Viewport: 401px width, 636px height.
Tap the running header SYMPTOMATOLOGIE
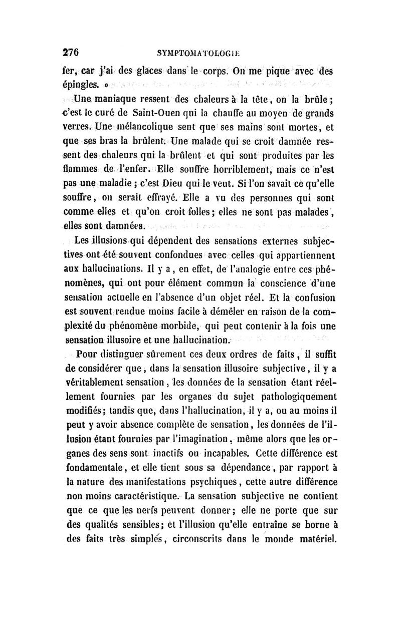coord(199,52)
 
